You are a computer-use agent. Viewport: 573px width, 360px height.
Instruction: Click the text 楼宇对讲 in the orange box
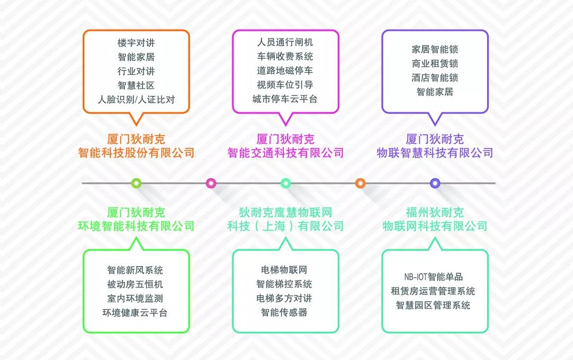point(136,43)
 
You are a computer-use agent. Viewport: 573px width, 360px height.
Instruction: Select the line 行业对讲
point(136,71)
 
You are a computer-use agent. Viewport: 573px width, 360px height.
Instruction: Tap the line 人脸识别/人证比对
point(136,100)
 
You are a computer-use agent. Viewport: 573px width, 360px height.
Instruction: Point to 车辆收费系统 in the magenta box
point(285,56)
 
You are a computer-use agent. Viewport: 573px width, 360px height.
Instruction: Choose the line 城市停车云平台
point(285,99)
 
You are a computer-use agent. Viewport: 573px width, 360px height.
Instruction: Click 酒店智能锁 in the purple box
point(435,77)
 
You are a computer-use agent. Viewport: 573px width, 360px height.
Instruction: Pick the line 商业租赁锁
point(435,64)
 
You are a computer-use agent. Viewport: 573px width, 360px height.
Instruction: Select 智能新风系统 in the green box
point(135,270)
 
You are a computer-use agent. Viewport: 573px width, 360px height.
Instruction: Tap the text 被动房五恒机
point(135,284)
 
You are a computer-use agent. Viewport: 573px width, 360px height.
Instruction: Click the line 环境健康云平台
point(135,313)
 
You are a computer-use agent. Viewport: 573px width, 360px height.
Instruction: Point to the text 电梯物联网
point(284,270)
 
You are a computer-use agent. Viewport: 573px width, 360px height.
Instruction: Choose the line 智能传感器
point(284,312)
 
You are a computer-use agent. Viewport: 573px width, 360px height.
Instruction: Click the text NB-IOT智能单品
point(433,277)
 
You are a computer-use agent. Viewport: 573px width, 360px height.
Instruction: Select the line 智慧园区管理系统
point(433,305)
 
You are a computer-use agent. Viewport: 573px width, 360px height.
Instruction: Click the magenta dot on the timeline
point(211,183)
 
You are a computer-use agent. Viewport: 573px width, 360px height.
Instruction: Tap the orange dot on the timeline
point(360,183)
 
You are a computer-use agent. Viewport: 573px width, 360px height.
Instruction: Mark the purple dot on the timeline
point(435,183)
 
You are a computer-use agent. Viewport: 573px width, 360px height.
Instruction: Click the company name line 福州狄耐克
point(435,212)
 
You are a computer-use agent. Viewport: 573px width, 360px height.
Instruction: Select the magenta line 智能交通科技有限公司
point(285,153)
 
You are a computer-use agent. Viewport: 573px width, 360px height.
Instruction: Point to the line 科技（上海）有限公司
point(285,226)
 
